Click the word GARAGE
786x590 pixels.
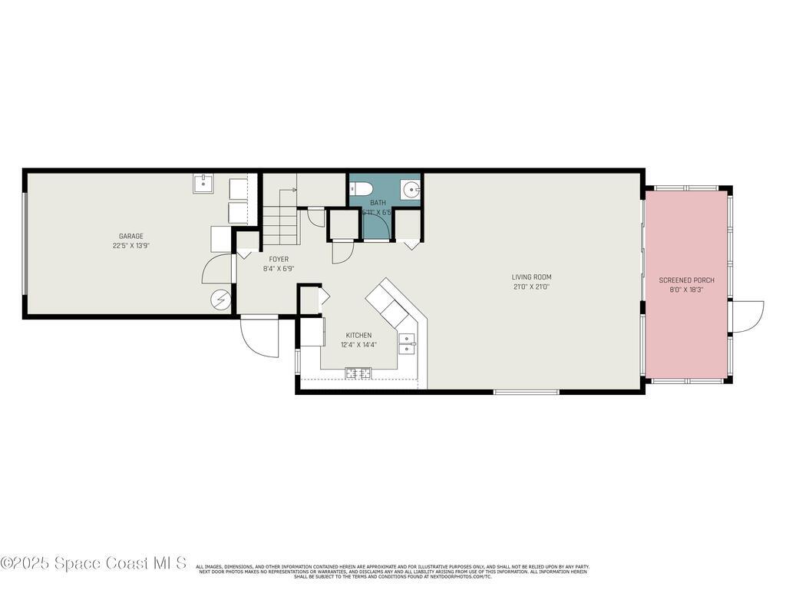point(130,237)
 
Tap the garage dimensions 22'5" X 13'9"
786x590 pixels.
point(130,246)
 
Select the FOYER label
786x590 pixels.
point(279,260)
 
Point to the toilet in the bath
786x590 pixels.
point(362,189)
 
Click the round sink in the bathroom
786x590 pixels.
point(410,189)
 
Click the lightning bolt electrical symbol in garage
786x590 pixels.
point(221,300)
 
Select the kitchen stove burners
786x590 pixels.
point(358,373)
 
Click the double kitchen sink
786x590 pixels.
point(407,343)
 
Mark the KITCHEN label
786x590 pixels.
point(358,336)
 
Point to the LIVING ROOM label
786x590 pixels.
point(532,277)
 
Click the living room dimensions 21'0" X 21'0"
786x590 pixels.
point(532,287)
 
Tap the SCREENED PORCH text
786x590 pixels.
point(687,280)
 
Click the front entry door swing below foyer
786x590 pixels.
point(259,338)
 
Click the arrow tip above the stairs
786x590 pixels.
point(295,189)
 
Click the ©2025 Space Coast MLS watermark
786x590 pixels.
point(93,563)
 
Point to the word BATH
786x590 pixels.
point(378,203)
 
